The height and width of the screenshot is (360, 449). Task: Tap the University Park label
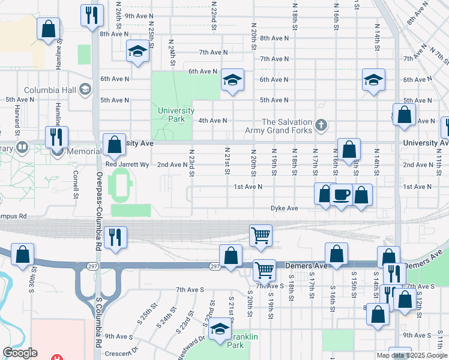(176, 114)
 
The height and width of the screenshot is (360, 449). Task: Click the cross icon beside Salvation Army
(322, 125)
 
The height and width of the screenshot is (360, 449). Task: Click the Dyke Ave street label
(284, 208)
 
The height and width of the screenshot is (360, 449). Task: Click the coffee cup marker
(341, 195)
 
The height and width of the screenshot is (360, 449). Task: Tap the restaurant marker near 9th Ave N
(91, 15)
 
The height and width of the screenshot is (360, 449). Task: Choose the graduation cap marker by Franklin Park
(220, 329)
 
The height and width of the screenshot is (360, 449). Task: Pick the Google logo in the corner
(20, 353)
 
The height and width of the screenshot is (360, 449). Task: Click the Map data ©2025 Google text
(411, 355)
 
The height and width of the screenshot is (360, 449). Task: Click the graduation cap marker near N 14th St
(373, 80)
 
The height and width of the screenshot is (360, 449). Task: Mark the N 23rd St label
(192, 163)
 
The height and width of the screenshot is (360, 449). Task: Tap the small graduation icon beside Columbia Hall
(85, 90)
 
